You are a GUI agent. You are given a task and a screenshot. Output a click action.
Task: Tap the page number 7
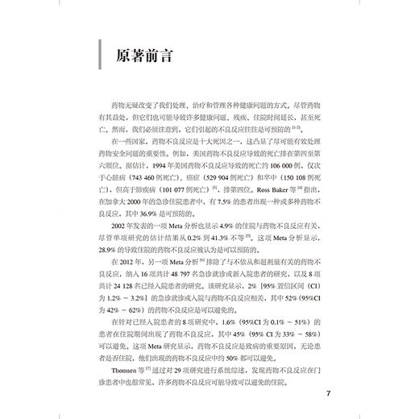(x=327, y=395)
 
